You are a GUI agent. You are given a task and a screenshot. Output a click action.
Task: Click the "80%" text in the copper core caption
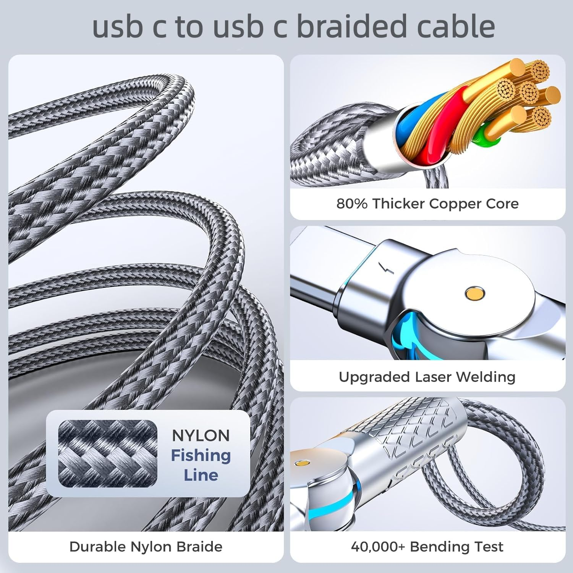click(351, 204)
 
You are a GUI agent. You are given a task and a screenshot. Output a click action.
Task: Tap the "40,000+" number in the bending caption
click(378, 547)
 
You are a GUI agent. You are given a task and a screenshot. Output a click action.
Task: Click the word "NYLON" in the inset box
click(201, 435)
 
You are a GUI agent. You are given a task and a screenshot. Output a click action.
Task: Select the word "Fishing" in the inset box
click(201, 455)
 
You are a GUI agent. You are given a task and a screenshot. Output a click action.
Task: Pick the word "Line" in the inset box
click(201, 475)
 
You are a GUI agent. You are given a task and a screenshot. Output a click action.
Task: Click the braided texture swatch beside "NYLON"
click(108, 453)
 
